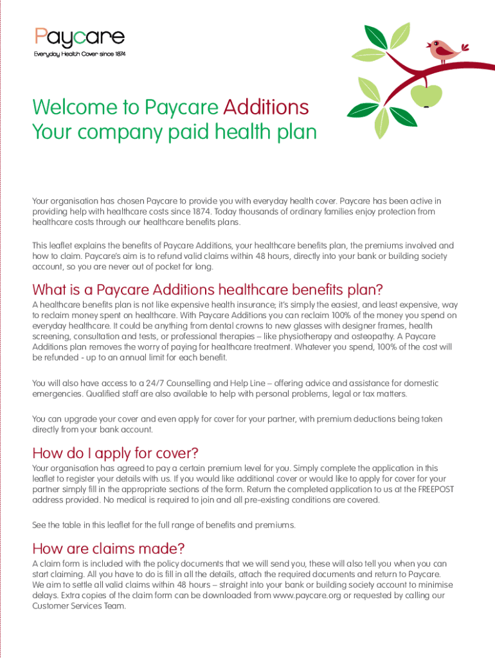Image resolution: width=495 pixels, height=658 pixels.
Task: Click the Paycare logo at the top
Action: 80,37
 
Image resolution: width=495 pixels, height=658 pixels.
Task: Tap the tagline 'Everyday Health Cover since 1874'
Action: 80,54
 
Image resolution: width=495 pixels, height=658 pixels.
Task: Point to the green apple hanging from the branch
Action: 428,95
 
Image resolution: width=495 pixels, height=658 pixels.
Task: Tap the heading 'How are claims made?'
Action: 109,548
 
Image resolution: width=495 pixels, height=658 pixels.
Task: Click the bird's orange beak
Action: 429,45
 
